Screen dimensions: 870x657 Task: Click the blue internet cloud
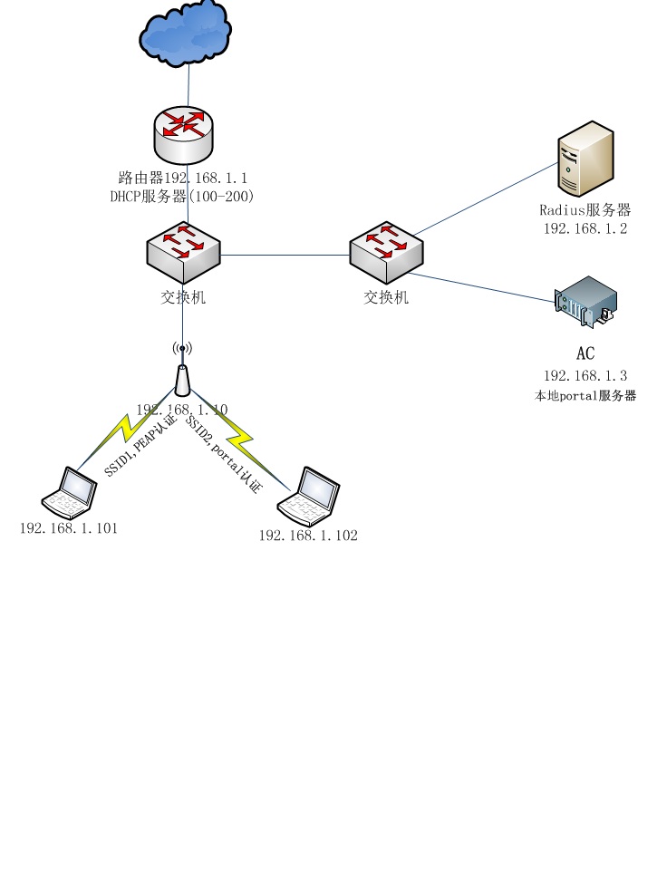coord(185,33)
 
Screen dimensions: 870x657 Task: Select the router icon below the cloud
coord(185,132)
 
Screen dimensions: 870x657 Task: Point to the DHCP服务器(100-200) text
coord(181,196)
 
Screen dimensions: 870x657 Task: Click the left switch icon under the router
coord(183,255)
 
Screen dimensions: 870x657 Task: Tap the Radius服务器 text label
coord(585,211)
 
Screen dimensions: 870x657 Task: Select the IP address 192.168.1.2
coord(585,228)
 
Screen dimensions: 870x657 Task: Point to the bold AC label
coord(585,353)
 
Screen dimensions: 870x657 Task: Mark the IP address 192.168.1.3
coord(585,375)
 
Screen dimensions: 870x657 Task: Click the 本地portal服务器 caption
coord(585,396)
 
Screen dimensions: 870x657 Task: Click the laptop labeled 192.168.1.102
coord(309,497)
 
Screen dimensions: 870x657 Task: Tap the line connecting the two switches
coord(285,255)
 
